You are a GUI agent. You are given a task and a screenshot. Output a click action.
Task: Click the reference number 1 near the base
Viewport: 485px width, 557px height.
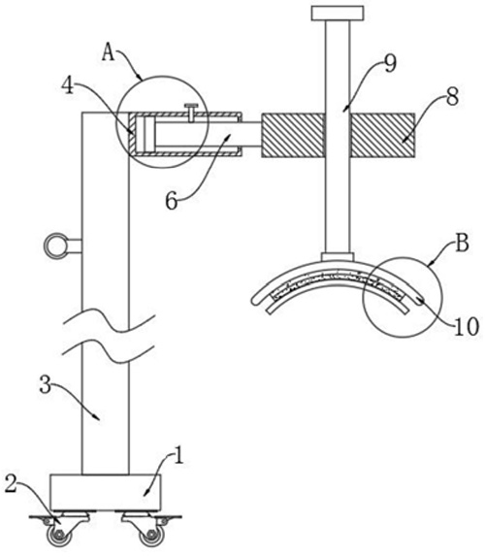[179, 455]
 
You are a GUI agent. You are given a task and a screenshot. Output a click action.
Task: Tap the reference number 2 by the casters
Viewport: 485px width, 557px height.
[11, 484]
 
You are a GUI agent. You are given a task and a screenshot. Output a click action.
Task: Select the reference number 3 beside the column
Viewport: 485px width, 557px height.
[45, 384]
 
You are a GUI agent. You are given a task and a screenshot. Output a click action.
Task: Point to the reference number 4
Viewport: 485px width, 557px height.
[68, 85]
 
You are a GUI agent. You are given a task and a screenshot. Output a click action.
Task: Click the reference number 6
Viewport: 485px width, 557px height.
[172, 202]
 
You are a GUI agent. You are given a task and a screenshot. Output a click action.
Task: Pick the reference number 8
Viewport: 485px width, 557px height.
[452, 96]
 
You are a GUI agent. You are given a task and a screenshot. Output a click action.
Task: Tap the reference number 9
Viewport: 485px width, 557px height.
[390, 64]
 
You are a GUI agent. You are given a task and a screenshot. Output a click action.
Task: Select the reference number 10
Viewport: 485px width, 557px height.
[468, 327]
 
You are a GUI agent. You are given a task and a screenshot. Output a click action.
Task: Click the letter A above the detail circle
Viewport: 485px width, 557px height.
[109, 53]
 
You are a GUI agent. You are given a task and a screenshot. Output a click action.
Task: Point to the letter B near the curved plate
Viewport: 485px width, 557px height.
[462, 244]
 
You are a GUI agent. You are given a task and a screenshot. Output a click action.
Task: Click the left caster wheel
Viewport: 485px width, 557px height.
[57, 536]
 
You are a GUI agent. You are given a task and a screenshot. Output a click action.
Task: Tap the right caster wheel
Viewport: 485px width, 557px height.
[152, 536]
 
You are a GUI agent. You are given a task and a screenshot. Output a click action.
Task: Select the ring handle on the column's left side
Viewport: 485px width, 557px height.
[55, 245]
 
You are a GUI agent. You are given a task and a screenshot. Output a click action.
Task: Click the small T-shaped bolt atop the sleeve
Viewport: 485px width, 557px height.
[191, 113]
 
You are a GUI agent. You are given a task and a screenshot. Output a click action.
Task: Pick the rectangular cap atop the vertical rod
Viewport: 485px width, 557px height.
[338, 14]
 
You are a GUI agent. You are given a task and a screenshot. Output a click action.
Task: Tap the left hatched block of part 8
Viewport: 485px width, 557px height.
[293, 135]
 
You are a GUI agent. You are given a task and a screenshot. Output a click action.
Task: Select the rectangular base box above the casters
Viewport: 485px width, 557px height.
[106, 492]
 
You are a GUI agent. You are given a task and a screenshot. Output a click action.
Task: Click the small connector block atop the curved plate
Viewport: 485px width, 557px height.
[338, 256]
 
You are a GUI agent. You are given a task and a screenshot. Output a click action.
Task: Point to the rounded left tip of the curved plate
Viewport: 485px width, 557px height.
[255, 301]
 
